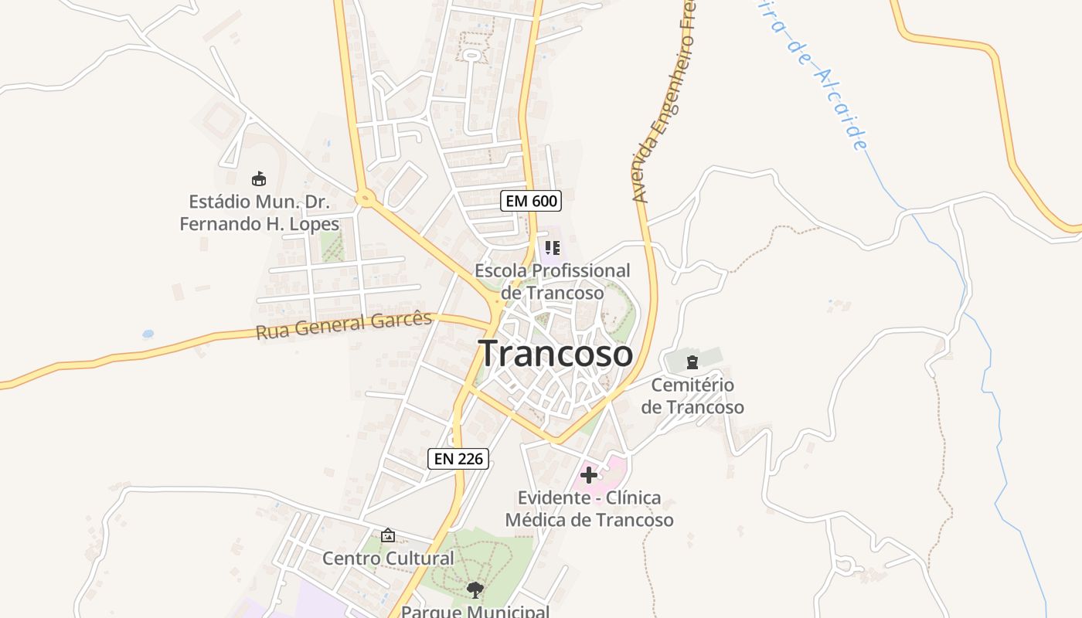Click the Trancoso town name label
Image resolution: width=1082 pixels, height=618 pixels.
(556, 354)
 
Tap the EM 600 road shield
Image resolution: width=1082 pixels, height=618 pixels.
(530, 202)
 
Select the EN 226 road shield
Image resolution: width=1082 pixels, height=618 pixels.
(458, 459)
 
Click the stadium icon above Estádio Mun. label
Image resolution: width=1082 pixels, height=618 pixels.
(259, 179)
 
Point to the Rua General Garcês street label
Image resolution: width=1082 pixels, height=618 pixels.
(344, 325)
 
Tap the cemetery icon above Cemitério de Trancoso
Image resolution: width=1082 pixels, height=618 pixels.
(692, 362)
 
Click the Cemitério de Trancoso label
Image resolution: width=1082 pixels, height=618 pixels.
(692, 396)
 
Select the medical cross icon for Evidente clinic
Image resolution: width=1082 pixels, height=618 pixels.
(589, 474)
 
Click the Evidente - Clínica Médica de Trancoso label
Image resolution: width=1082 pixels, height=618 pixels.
(589, 508)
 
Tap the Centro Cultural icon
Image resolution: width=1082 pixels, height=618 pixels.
(388, 535)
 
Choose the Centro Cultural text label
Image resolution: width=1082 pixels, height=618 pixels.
(388, 559)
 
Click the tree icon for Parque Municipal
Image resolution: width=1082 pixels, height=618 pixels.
(475, 590)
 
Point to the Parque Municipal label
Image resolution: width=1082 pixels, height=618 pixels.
(475, 611)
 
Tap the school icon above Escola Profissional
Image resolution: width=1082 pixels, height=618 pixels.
(552, 248)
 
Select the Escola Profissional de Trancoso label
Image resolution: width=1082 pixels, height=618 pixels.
(552, 282)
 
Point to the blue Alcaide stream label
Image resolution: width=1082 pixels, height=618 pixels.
(819, 77)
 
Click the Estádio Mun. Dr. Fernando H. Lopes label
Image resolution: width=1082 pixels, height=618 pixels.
(260, 213)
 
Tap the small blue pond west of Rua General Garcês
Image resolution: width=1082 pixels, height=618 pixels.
(148, 334)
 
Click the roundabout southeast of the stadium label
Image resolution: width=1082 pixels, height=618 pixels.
(366, 199)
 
